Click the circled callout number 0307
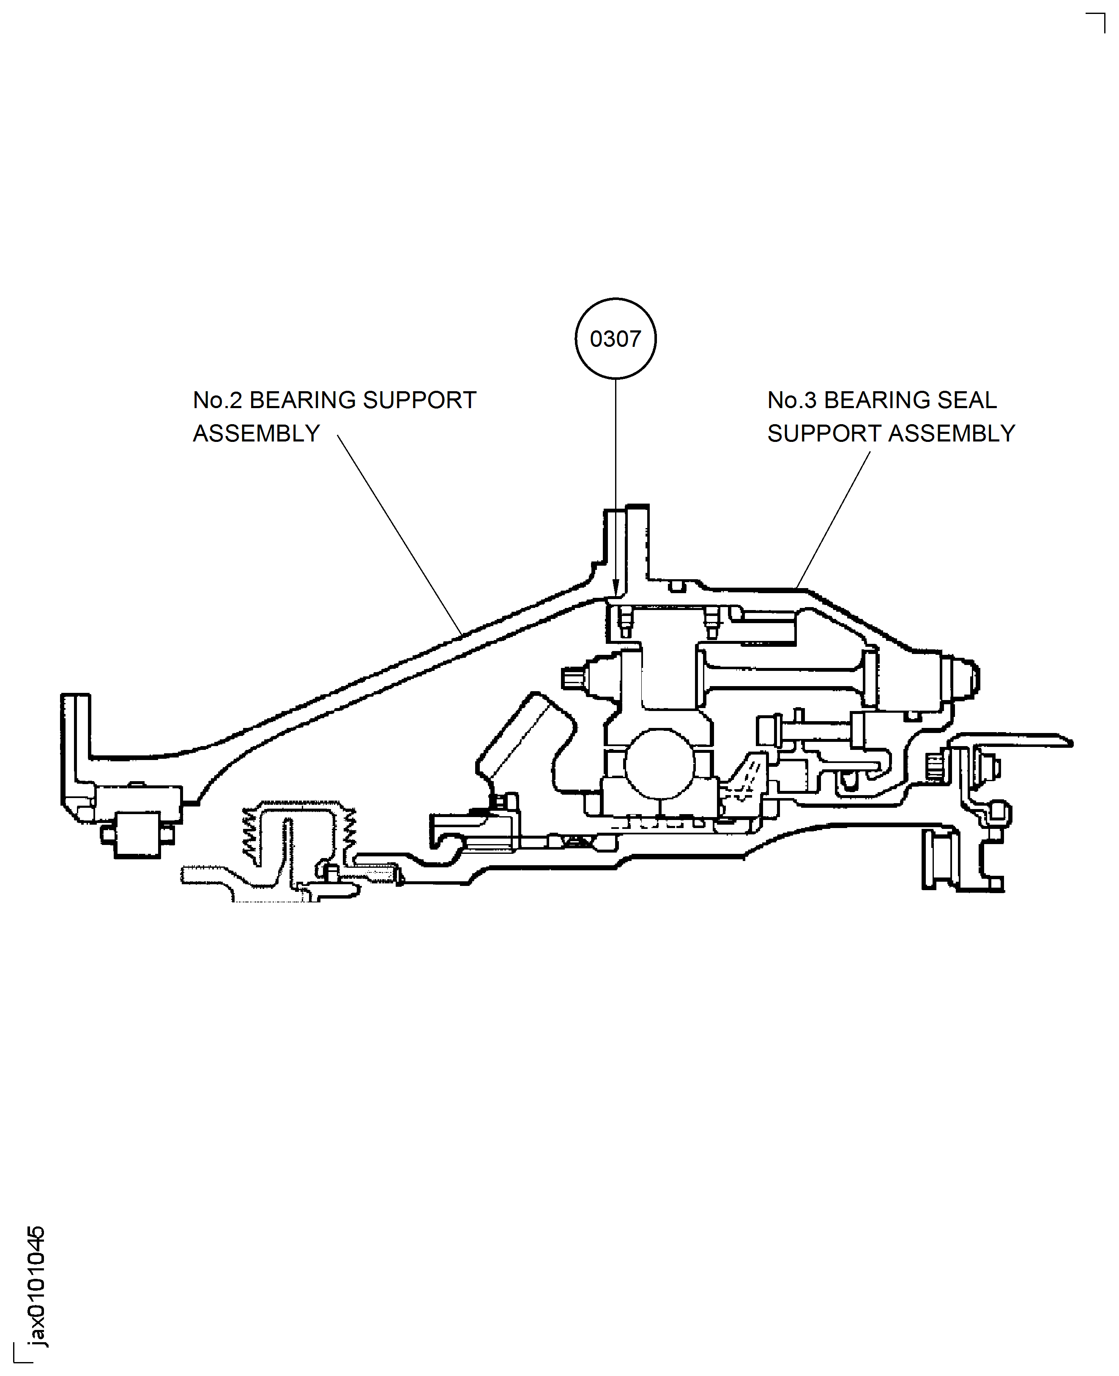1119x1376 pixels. [x=615, y=339]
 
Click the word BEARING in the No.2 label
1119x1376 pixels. [x=302, y=400]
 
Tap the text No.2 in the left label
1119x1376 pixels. [x=217, y=400]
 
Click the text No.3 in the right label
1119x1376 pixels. [x=791, y=400]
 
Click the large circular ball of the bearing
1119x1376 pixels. [x=659, y=764]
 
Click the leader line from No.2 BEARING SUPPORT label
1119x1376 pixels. [x=399, y=535]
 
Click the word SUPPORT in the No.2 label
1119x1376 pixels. [x=419, y=400]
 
